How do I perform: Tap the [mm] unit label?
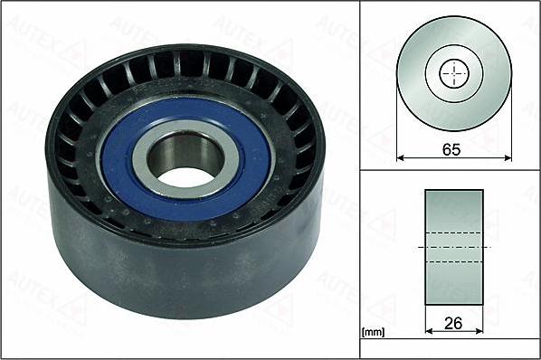(371, 333)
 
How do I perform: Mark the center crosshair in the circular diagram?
(453, 74)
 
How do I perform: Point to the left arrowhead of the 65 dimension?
(399, 159)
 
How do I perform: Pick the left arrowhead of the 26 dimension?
(428, 330)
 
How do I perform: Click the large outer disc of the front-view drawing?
(416, 99)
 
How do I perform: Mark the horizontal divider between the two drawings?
(449, 170)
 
